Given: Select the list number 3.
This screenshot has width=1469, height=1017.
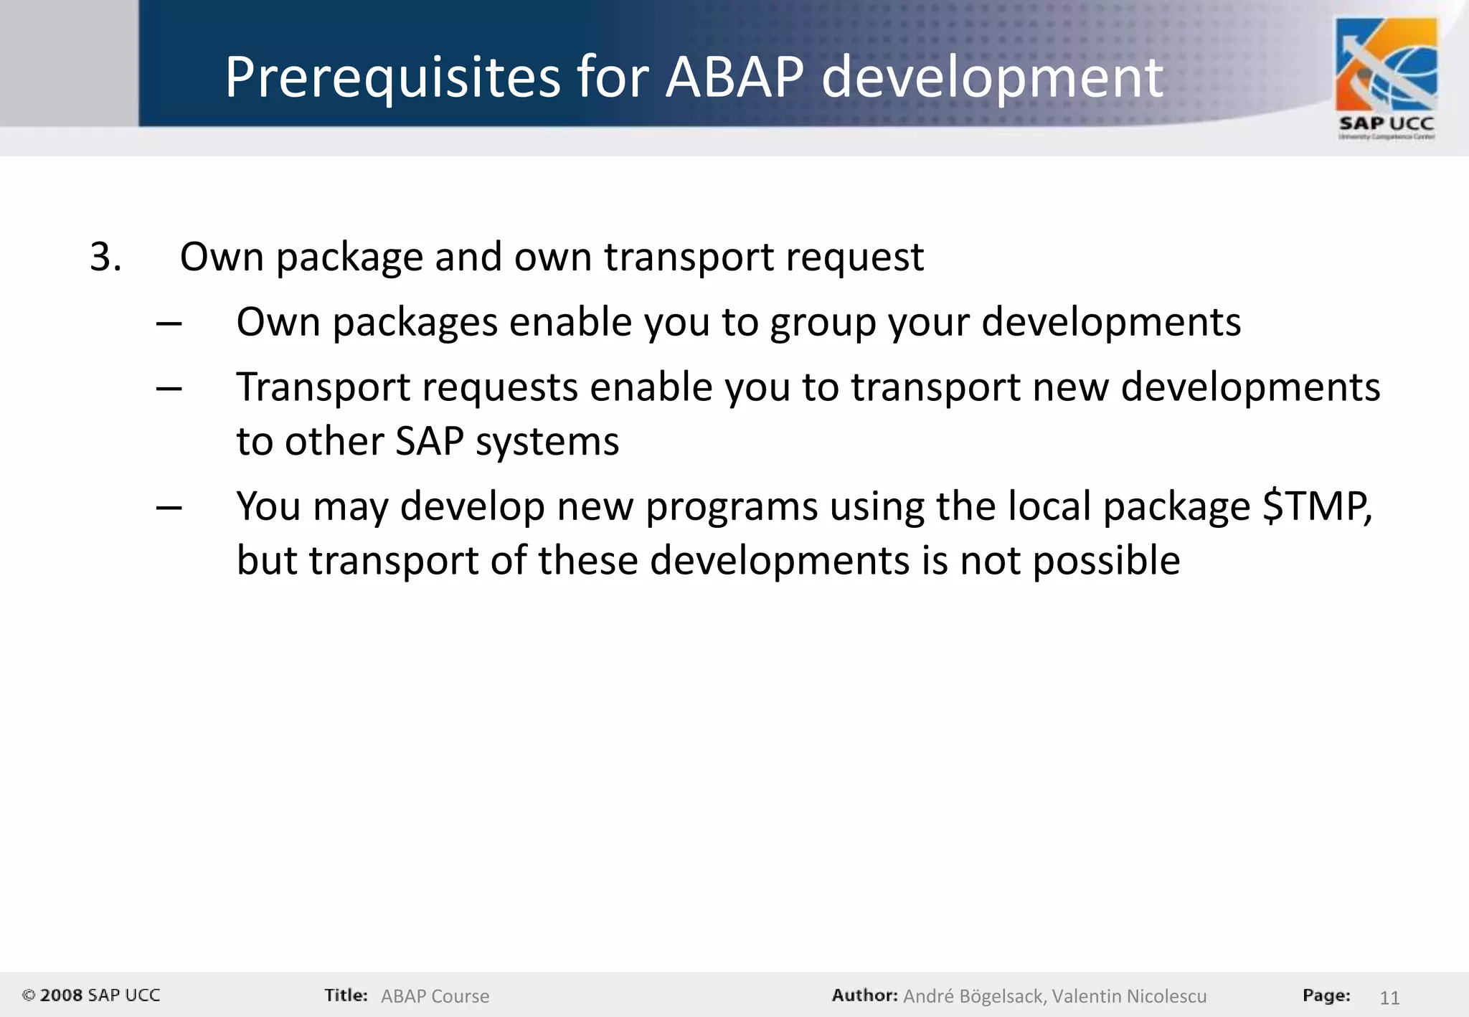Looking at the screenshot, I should pyautogui.click(x=105, y=257).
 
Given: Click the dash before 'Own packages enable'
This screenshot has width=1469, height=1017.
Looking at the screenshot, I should pyautogui.click(x=169, y=323).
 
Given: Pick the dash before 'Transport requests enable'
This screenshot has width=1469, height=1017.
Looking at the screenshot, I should pyautogui.click(x=169, y=389).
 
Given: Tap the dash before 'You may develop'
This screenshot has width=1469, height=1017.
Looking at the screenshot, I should pyautogui.click(x=169, y=508).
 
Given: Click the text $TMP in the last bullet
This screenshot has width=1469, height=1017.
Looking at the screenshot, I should pyautogui.click(x=1316, y=506).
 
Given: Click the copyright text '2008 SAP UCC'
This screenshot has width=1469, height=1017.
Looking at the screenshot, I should pyautogui.click(x=99, y=995).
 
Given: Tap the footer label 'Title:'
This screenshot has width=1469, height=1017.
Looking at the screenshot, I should pyautogui.click(x=346, y=995).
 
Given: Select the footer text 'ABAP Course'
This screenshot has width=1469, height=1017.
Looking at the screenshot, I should pyautogui.click(x=435, y=996).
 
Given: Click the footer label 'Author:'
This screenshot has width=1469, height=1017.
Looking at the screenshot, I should pyautogui.click(x=864, y=995).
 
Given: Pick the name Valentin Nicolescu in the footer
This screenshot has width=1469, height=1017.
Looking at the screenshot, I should pyautogui.click(x=1129, y=996).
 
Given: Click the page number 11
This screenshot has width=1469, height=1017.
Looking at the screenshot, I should pyautogui.click(x=1389, y=998).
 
